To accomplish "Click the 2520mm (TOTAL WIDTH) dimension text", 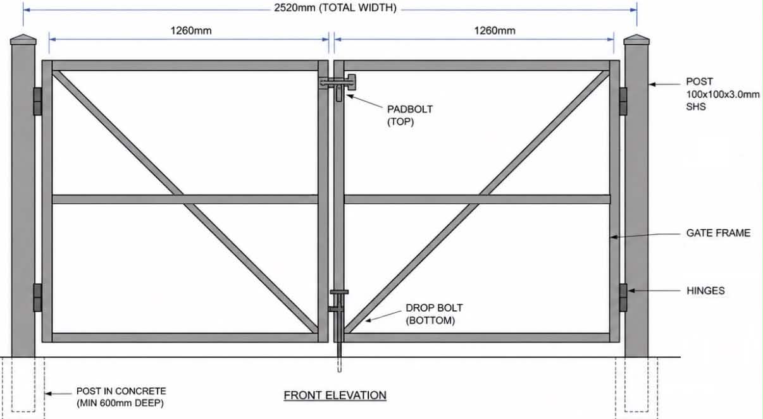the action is click(x=335, y=8).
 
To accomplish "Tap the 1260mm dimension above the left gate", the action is click(x=191, y=30).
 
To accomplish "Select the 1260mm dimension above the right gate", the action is click(x=495, y=30).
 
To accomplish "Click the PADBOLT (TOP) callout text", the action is click(x=410, y=116).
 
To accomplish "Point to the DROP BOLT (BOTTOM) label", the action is click(x=434, y=314).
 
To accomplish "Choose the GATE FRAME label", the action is click(x=718, y=233).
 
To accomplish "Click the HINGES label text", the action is click(x=705, y=291).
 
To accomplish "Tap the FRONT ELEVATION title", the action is click(x=335, y=396).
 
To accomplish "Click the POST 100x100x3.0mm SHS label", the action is click(x=723, y=94).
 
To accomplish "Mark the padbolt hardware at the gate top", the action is click(x=338, y=86).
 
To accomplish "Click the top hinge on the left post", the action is click(x=37, y=101).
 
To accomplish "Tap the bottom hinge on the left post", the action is click(x=37, y=298).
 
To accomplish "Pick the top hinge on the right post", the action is click(x=623, y=101).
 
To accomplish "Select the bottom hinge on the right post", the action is click(x=623, y=298).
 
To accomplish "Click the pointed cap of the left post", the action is click(x=23, y=40).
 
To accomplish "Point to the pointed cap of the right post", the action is click(x=636, y=40).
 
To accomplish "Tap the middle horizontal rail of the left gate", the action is click(x=185, y=200).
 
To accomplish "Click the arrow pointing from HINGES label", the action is click(x=654, y=291).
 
